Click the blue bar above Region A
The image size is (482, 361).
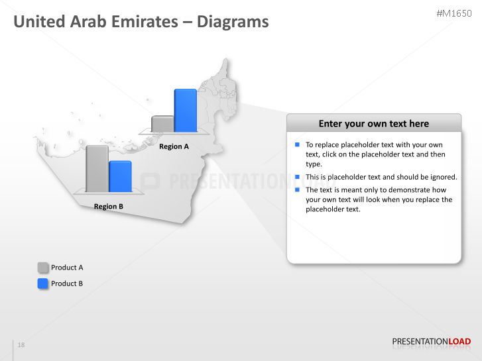tap(185, 111)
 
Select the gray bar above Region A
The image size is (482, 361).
tap(162, 124)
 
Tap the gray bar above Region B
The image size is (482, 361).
tap(97, 168)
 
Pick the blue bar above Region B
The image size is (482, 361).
tap(120, 176)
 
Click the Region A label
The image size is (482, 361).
tap(174, 146)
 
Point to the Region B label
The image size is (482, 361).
tap(109, 207)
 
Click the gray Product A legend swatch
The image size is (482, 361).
tap(43, 268)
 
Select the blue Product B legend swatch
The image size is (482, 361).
tap(43, 284)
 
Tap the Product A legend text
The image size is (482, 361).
tap(67, 268)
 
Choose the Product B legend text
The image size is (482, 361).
tap(67, 284)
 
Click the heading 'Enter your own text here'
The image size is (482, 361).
tap(373, 124)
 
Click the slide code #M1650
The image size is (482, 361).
tap(454, 13)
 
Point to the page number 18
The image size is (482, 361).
tap(21, 345)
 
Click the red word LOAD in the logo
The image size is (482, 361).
tap(460, 342)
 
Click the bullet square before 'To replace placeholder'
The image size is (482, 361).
tap(298, 144)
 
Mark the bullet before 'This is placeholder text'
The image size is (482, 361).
tap(298, 177)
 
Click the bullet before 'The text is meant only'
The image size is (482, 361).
tap(298, 189)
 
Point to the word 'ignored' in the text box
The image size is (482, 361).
tap(442, 177)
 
